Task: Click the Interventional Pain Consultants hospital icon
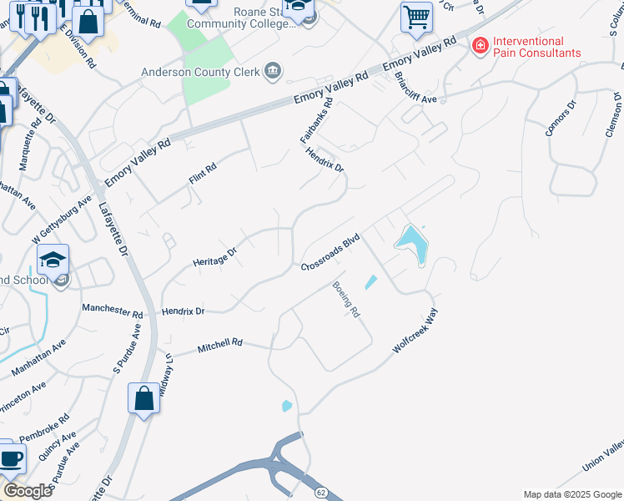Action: coord(480,46)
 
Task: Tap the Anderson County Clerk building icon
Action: coord(272,72)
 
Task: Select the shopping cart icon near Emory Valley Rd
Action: coord(415,16)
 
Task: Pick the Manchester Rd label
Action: coord(112,309)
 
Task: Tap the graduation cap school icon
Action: coord(53,260)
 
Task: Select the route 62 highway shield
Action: coord(320,493)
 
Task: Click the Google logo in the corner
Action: coord(28,491)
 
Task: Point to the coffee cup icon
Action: coord(11,458)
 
